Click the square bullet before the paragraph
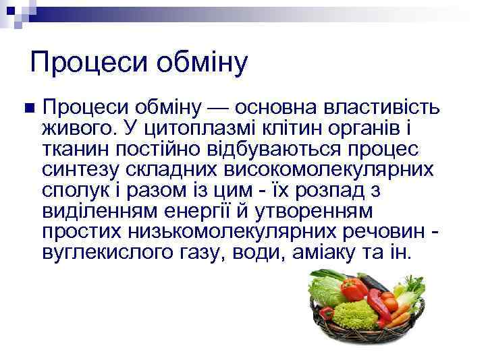27,108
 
